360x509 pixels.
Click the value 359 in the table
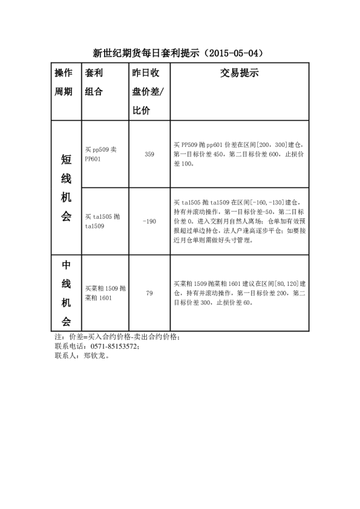[149, 155]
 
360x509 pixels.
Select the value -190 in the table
[149, 221]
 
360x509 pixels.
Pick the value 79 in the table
[149, 293]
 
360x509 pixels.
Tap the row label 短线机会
[66, 187]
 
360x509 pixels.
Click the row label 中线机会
[66, 293]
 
